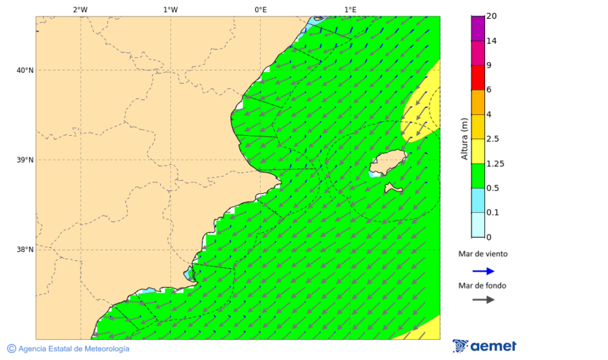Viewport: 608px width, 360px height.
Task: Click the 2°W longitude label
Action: [80, 9]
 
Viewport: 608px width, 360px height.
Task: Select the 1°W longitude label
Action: [170, 9]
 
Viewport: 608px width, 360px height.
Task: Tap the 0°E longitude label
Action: [260, 9]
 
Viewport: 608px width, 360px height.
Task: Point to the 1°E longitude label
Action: [350, 9]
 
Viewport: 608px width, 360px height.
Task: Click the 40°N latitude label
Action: [25, 70]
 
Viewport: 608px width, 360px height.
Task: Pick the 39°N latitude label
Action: [25, 160]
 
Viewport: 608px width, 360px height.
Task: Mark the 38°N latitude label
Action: [25, 250]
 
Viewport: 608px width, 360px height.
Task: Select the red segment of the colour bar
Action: [478, 77]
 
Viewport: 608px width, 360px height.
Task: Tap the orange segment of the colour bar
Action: [478, 102]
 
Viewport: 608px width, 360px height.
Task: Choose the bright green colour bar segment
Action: [478, 176]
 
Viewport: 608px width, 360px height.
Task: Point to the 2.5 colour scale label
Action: [492, 139]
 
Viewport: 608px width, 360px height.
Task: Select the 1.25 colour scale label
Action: [495, 163]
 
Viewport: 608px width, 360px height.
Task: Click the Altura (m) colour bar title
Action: [464, 138]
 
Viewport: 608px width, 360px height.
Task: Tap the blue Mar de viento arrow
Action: [483, 271]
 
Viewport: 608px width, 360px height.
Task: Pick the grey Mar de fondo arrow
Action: [483, 300]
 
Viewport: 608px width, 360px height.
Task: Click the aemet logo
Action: [484, 346]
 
